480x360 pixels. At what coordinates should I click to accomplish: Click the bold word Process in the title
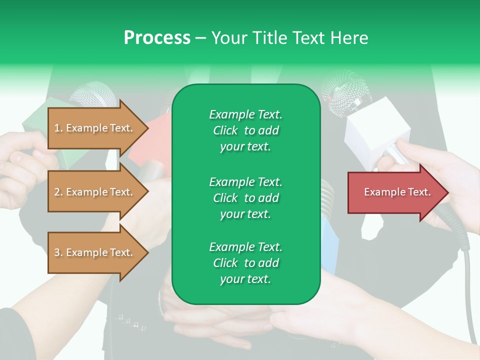pyautogui.click(x=157, y=38)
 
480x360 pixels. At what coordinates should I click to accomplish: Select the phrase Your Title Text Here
pyautogui.click(x=290, y=38)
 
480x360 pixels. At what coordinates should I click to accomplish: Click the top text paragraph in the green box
pyautogui.click(x=245, y=130)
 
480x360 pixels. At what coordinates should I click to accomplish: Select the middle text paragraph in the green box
pyautogui.click(x=245, y=197)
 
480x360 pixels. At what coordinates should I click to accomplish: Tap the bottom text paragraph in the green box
pyautogui.click(x=245, y=263)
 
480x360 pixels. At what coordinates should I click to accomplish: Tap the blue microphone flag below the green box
pyautogui.click(x=330, y=245)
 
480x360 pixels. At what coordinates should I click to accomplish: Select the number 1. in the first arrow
pyautogui.click(x=58, y=128)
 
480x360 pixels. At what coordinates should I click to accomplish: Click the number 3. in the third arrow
pyautogui.click(x=58, y=252)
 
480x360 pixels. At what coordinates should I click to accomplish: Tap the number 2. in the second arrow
pyautogui.click(x=58, y=192)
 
